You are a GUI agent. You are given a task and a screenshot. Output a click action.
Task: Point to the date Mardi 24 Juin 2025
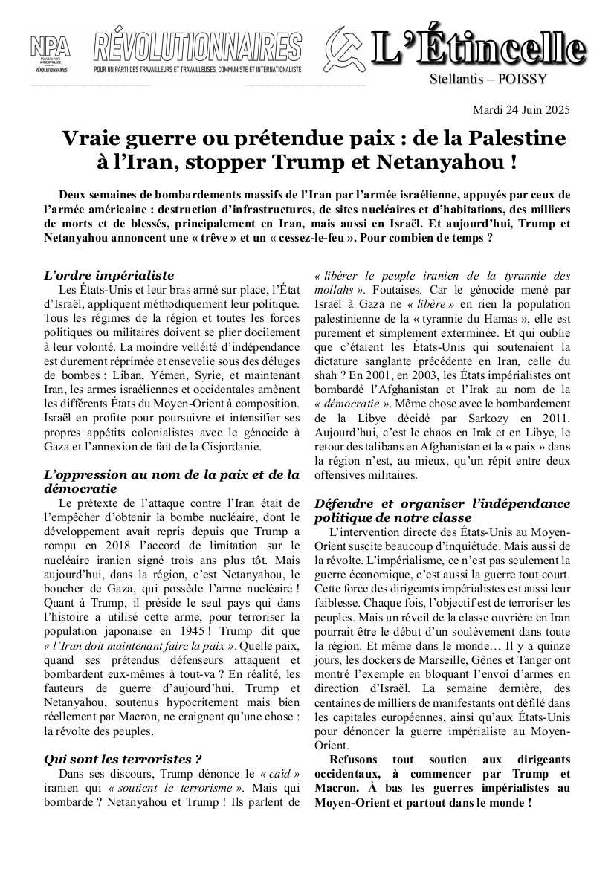pyautogui.click(x=521, y=110)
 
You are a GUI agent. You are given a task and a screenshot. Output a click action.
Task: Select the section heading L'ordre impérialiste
pyautogui.click(x=109, y=275)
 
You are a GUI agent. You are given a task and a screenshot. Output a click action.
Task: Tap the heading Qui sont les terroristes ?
pyautogui.click(x=123, y=759)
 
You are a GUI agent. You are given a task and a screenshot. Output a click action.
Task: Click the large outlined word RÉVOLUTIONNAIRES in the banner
pyautogui.click(x=197, y=47)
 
